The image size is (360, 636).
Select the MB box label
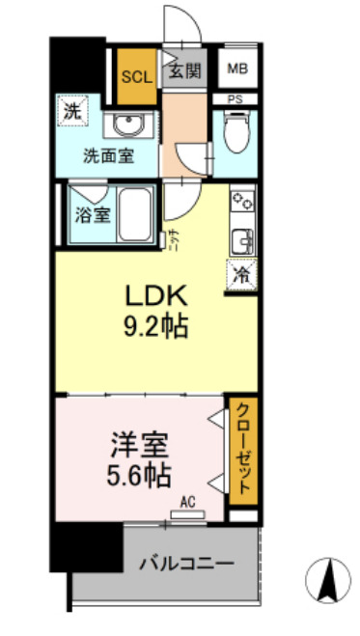[237, 69]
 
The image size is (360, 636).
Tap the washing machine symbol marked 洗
[72, 112]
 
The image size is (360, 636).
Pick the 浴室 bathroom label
[93, 214]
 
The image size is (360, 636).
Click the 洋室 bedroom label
[139, 446]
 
